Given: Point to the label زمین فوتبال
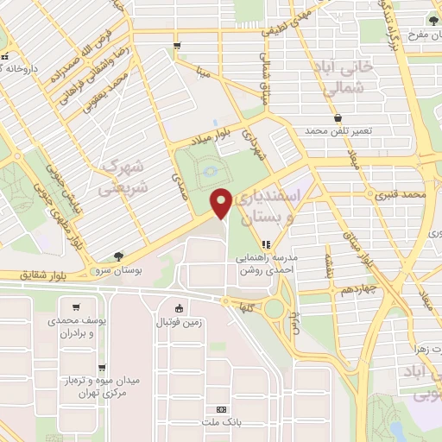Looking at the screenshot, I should [x=179, y=323].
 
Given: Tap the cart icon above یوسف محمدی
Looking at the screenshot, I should [x=77, y=306].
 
